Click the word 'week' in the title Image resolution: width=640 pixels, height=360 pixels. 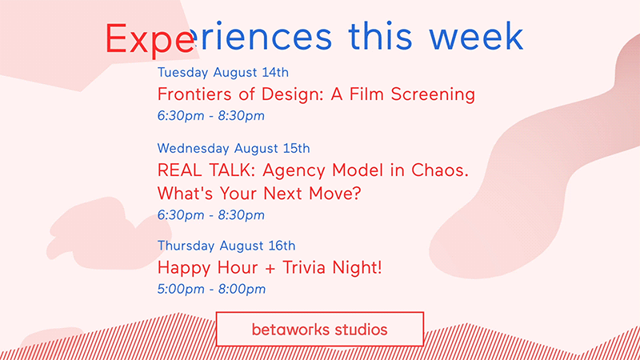(x=476, y=36)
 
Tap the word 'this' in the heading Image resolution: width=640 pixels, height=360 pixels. (x=380, y=36)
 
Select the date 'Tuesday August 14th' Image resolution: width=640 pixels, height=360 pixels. (x=223, y=72)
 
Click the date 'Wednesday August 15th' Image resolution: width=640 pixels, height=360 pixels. (x=234, y=148)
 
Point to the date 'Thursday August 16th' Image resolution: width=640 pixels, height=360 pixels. (x=226, y=246)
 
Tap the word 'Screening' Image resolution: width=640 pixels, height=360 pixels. (x=433, y=94)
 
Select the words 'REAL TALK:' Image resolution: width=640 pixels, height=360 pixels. (x=206, y=170)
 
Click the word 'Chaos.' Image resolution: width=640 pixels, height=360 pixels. (x=439, y=170)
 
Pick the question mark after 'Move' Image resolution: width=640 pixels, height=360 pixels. (x=356, y=193)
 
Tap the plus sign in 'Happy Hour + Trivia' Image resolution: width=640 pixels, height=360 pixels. (x=270, y=269)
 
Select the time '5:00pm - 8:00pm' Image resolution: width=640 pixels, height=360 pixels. (x=211, y=289)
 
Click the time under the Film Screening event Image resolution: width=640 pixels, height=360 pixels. (x=211, y=115)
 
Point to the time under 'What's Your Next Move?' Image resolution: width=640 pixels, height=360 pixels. (x=211, y=214)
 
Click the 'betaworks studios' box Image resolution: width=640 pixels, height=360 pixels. (x=319, y=330)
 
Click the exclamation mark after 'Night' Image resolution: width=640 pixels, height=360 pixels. (x=379, y=267)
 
